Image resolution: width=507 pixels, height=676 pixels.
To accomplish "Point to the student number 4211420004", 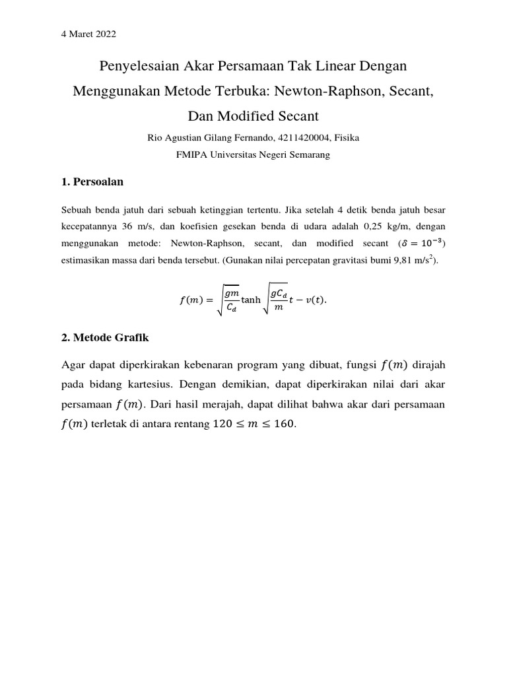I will pyautogui.click(x=308, y=138).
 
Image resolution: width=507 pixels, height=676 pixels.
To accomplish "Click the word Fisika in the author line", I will pyautogui.click(x=349, y=138).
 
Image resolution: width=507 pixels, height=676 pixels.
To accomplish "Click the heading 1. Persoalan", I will pyautogui.click(x=92, y=182).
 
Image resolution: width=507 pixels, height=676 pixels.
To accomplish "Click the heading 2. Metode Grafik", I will pyautogui.click(x=105, y=337).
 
